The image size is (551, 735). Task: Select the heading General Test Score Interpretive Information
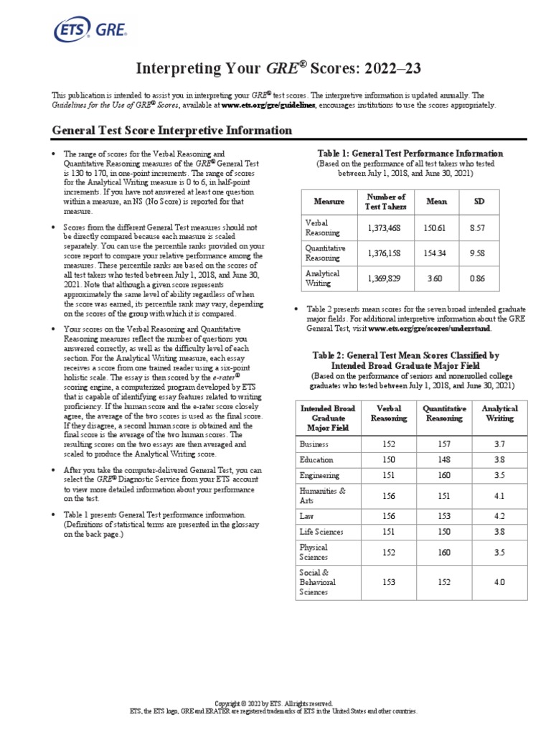tap(172, 131)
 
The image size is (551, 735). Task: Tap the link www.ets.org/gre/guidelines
tap(268, 105)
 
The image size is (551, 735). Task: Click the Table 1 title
tap(410, 154)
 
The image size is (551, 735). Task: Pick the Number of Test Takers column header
tap(386, 202)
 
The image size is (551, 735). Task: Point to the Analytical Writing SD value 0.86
tap(479, 278)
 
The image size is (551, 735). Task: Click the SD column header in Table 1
tap(479, 202)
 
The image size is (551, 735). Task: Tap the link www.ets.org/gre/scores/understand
tap(430, 328)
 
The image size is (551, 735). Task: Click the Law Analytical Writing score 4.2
tap(499, 515)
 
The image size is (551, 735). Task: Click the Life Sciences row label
tap(321, 532)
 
